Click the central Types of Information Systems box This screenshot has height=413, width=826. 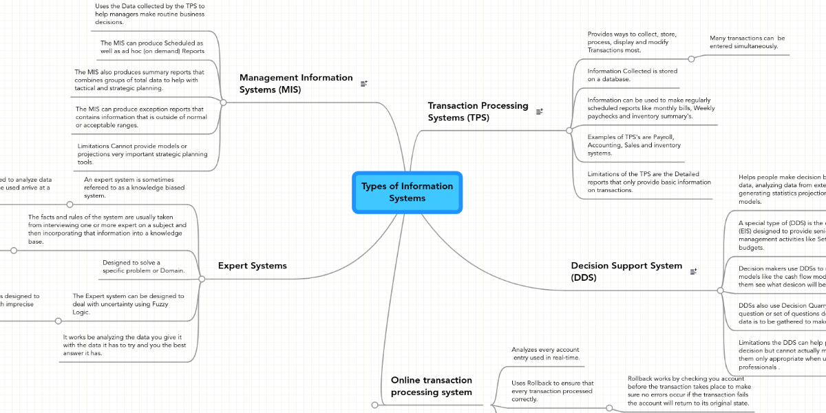(x=407, y=192)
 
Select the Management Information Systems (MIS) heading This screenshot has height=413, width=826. (x=296, y=83)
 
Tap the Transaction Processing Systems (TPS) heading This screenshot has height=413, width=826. (x=478, y=112)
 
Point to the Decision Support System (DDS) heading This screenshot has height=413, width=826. (x=626, y=271)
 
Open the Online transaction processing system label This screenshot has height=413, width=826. (x=432, y=385)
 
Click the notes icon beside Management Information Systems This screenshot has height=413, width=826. (x=364, y=83)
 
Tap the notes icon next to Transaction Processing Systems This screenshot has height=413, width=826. (x=539, y=111)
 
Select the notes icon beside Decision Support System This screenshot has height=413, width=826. (x=693, y=272)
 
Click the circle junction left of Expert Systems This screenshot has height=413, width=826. (x=202, y=279)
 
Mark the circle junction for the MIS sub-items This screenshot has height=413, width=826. (x=223, y=102)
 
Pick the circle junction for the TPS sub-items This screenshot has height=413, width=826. (x=569, y=129)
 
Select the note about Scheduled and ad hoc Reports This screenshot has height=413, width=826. (x=152, y=47)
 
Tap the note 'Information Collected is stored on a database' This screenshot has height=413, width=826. (x=632, y=75)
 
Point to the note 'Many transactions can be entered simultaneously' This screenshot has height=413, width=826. (x=747, y=42)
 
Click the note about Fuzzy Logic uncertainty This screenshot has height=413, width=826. (x=128, y=304)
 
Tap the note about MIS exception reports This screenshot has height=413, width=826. (x=140, y=117)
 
